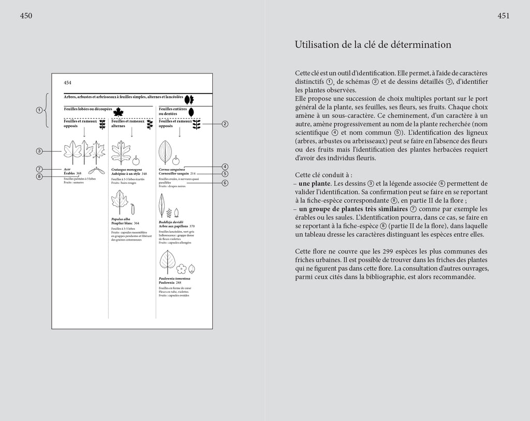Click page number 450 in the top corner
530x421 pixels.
pos(26,16)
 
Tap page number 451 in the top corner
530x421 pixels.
pos(504,16)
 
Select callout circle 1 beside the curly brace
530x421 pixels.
pos(39,110)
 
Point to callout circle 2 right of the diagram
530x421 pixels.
pos(225,124)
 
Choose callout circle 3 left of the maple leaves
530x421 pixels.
pos(39,151)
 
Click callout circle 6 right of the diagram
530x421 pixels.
pos(225,183)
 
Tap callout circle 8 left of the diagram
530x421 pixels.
pos(39,176)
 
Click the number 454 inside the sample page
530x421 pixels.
pos(67,83)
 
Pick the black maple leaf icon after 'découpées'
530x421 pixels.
pos(119,112)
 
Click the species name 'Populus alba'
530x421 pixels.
pos(120,219)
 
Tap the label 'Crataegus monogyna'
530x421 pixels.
pos(127,169)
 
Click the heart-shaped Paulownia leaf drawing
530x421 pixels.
pos(168,261)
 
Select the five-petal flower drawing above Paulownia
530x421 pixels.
pos(181,269)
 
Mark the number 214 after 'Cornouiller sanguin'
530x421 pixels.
pos(193,174)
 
